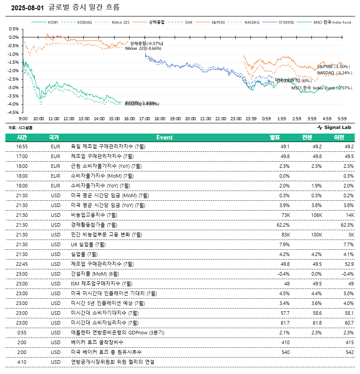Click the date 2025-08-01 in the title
coord(27,8)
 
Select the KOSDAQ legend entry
coord(84,22)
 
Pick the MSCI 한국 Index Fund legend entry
coord(332,22)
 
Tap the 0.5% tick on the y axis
coord(13,29)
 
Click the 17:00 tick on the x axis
coord(144,119)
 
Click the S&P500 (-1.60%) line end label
coord(333,66)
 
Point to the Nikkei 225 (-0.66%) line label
coord(143,48)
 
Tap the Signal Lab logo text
coord(338,127)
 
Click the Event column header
coord(164,137)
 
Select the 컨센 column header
coord(307,137)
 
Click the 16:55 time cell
coord(22,146)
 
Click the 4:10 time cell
coord(22,362)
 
